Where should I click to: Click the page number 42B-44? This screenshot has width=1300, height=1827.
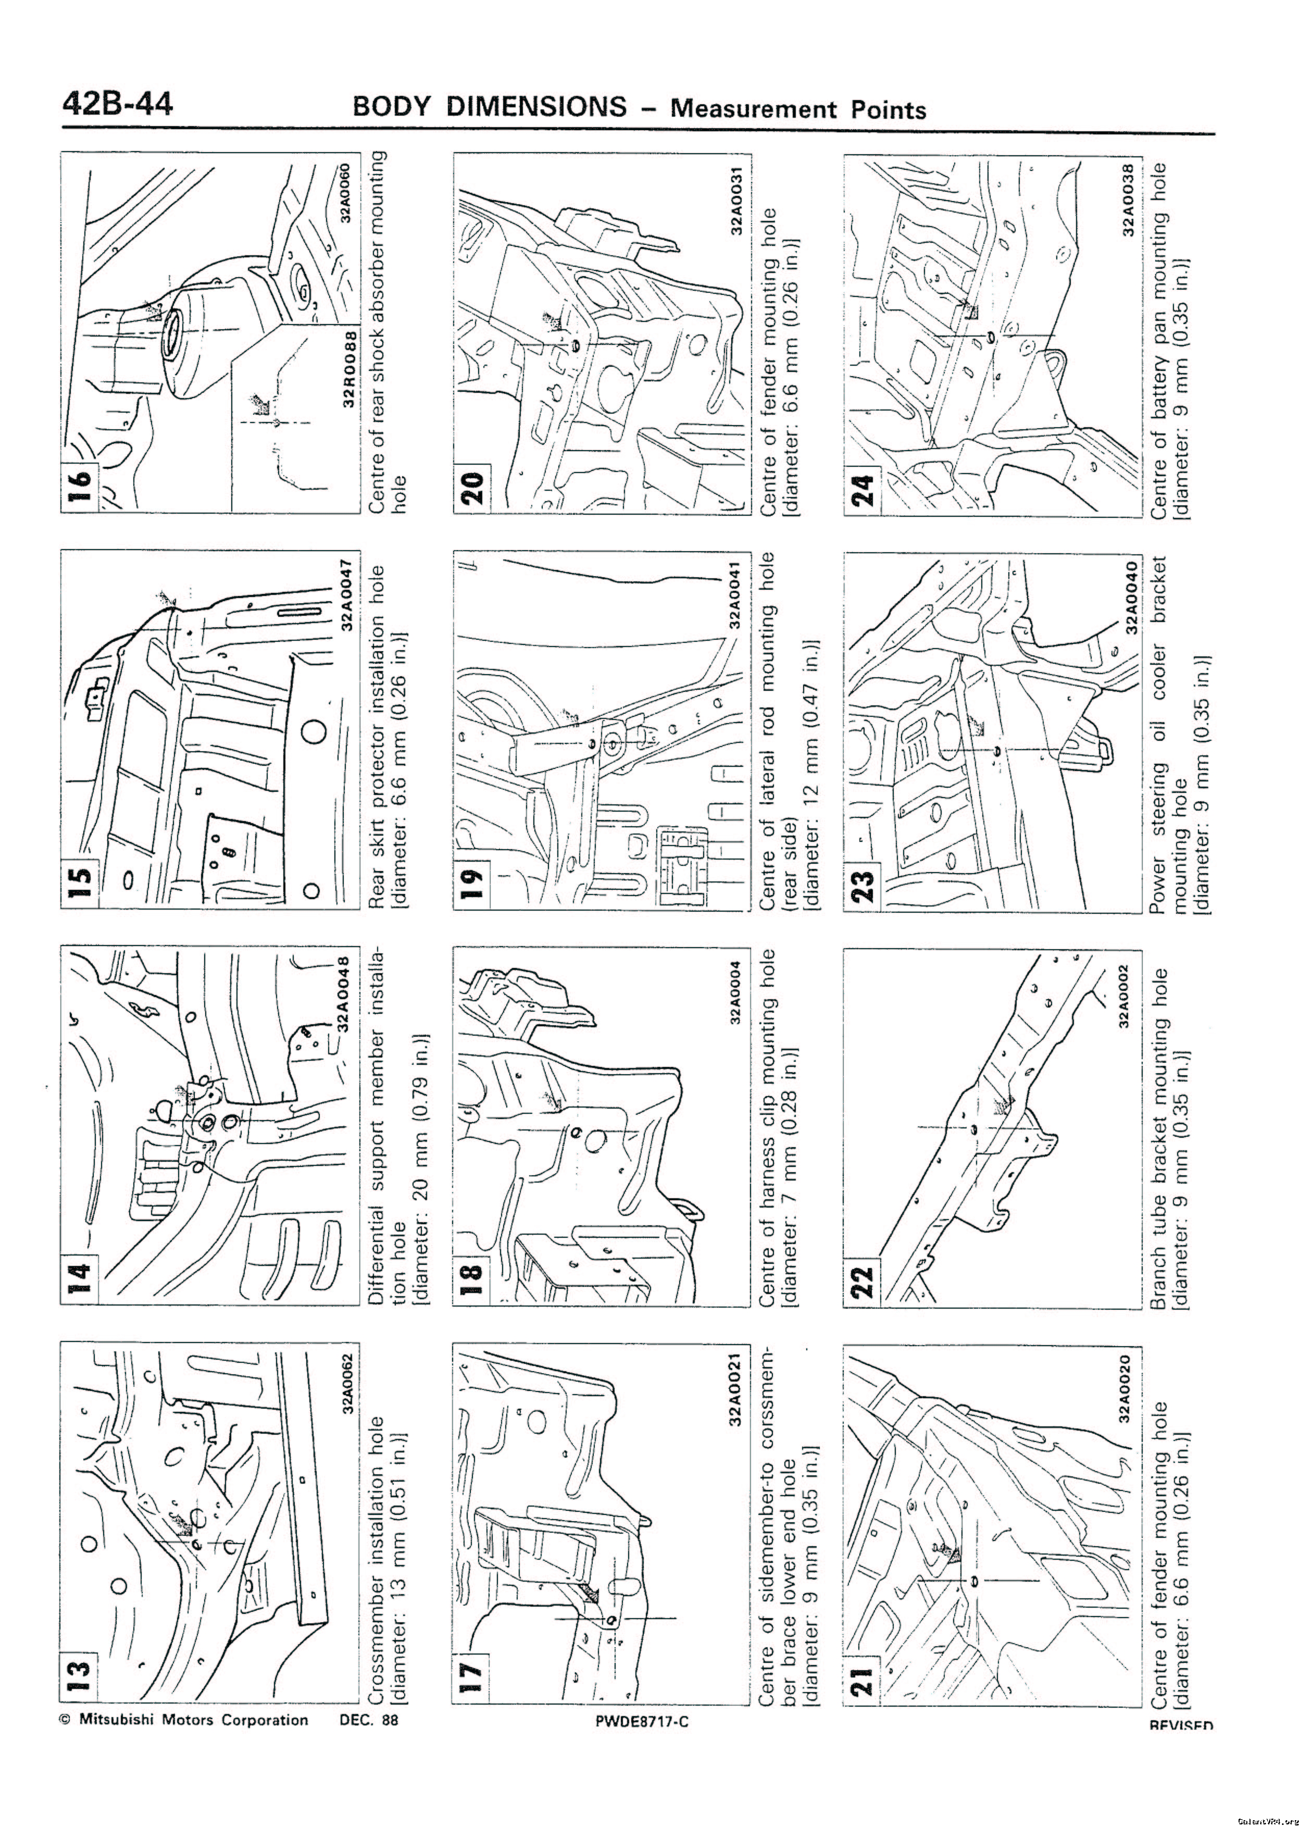pyautogui.click(x=117, y=105)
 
